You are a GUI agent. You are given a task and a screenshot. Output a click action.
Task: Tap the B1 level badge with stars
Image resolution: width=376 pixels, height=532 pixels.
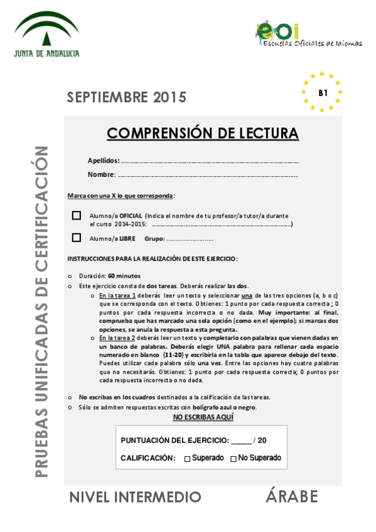click(323, 92)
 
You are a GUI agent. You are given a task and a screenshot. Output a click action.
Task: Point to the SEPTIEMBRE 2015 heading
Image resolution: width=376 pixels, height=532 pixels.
click(127, 97)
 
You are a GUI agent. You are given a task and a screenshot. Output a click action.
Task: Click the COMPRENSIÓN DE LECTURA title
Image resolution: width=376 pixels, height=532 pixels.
click(202, 133)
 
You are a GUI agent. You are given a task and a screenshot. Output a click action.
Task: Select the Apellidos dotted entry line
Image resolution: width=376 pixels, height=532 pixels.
click(210, 161)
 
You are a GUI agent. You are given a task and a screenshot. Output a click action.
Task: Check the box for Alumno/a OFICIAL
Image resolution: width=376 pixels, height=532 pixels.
click(77, 215)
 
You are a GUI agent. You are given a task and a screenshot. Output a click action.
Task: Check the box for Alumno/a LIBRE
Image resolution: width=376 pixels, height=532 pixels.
click(77, 238)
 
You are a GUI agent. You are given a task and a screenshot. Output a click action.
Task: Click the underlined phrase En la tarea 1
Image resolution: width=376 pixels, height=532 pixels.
click(117, 295)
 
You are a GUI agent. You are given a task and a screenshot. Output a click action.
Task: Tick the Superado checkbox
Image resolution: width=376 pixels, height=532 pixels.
click(187, 459)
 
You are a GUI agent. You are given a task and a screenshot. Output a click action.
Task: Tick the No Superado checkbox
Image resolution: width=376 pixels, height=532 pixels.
click(234, 459)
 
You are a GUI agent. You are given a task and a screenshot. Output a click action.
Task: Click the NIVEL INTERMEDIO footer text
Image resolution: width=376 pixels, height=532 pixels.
click(135, 497)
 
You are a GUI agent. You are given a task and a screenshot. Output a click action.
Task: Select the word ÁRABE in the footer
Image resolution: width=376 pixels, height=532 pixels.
click(291, 497)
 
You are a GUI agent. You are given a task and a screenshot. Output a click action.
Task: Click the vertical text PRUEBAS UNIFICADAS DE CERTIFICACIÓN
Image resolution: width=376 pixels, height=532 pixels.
click(41, 311)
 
